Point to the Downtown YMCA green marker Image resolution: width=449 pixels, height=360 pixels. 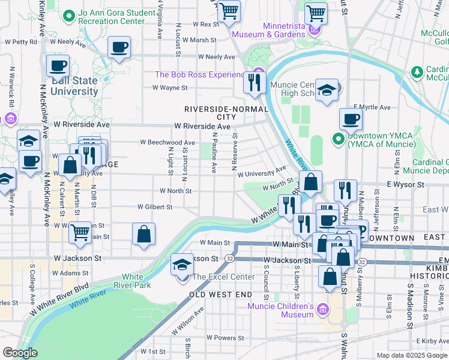338,140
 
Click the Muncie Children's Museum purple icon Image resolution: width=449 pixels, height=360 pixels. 323,308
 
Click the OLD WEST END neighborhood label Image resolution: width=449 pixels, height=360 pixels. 221,295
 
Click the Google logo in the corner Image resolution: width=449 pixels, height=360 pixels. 20,353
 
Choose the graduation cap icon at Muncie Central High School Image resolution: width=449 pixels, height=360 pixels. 327,91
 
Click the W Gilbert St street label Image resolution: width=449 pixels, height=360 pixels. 155,206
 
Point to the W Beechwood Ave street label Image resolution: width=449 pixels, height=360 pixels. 167,143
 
